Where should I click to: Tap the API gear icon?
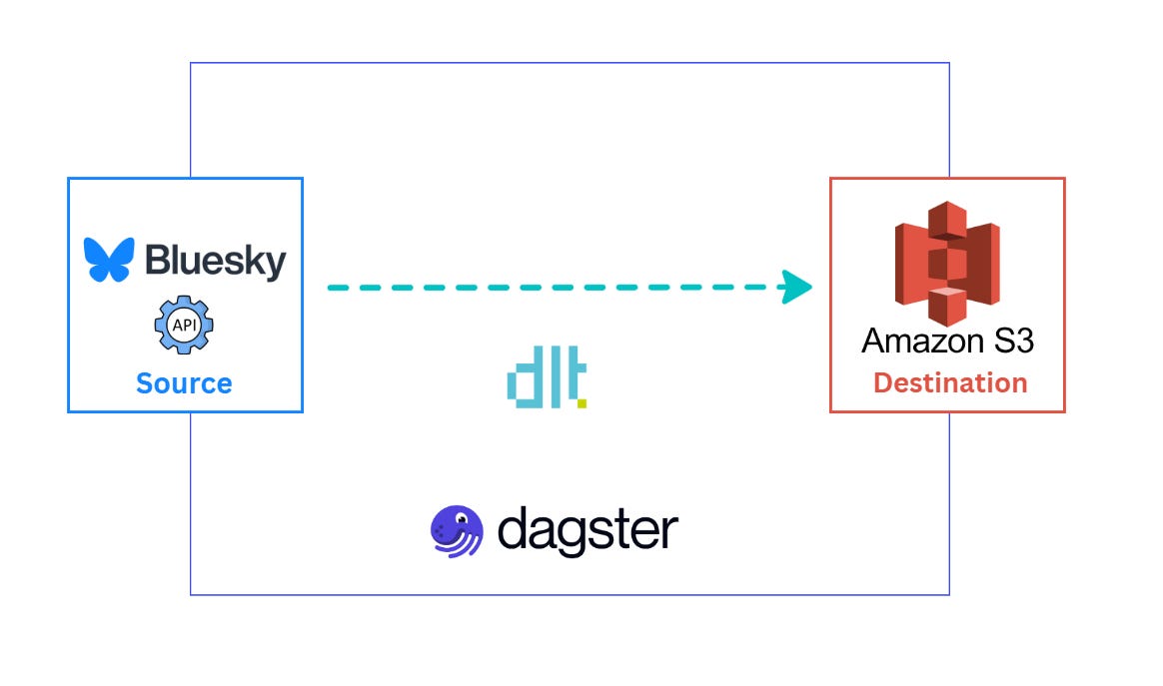click(x=184, y=326)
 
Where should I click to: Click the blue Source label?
click(x=184, y=383)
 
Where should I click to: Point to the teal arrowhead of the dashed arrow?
click(x=796, y=287)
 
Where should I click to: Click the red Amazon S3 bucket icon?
click(x=947, y=263)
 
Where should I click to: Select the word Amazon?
click(x=915, y=341)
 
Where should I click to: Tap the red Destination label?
click(x=949, y=382)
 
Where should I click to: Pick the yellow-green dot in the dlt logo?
click(x=581, y=403)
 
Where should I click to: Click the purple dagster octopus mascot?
click(x=457, y=530)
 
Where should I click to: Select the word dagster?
click(x=587, y=530)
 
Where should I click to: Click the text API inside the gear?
click(x=184, y=326)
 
